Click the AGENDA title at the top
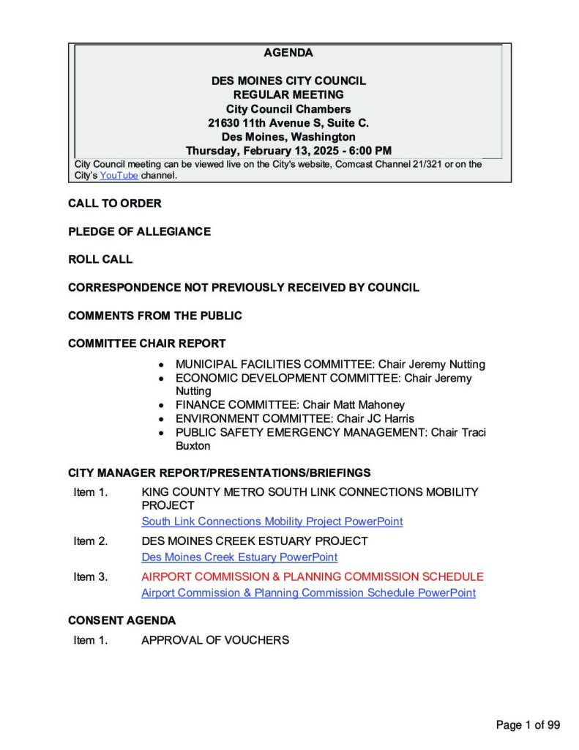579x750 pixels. [x=288, y=53]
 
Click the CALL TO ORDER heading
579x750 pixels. [x=115, y=204]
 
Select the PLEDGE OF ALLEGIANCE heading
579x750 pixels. [x=139, y=231]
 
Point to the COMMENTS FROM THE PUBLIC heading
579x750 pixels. [x=155, y=316]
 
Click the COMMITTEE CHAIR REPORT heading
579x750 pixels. [x=147, y=344]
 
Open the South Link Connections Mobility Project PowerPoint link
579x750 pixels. [x=272, y=522]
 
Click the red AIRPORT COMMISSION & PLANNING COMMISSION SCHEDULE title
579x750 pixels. [x=313, y=577]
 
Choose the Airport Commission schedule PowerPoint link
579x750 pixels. [x=308, y=593]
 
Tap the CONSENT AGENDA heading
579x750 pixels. [x=122, y=621]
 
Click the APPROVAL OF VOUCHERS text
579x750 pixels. [x=215, y=641]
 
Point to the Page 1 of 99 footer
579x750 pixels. [x=528, y=726]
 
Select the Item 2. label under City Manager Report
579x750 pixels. [x=91, y=541]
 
